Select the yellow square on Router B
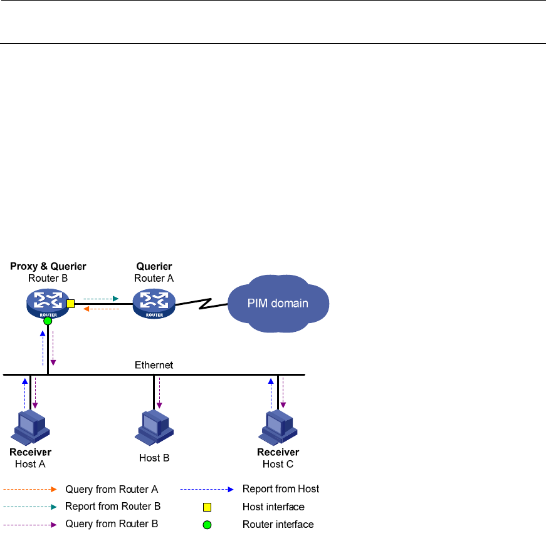click(70, 304)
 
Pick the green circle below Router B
click(48, 321)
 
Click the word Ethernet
click(154, 364)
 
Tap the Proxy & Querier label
click(48, 267)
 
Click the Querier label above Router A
click(153, 267)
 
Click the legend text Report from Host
click(281, 489)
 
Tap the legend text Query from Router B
click(112, 524)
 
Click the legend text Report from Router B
click(113, 507)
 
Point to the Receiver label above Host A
click(30, 452)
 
